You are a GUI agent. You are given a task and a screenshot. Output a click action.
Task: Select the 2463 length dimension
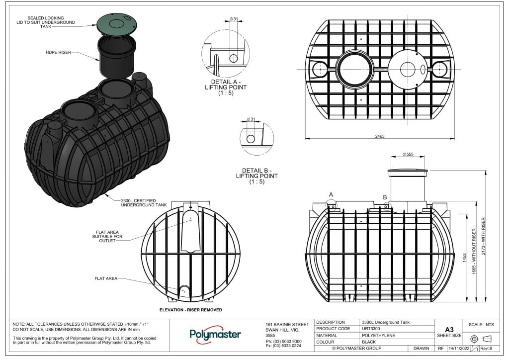coord(380,136)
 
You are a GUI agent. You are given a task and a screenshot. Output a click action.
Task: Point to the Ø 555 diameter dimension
coord(407,155)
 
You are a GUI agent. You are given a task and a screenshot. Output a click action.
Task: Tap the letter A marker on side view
coord(331,194)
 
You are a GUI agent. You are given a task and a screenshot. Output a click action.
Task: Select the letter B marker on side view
coord(385,197)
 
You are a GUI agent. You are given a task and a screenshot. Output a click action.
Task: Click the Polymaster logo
coord(215,334)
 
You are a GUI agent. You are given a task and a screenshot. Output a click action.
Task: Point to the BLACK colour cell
coord(369,342)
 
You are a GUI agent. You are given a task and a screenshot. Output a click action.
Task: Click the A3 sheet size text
coord(449,330)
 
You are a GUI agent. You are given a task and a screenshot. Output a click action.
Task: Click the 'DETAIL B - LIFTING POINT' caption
coord(256,176)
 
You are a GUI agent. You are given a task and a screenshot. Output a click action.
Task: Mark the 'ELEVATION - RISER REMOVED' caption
coord(190,310)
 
